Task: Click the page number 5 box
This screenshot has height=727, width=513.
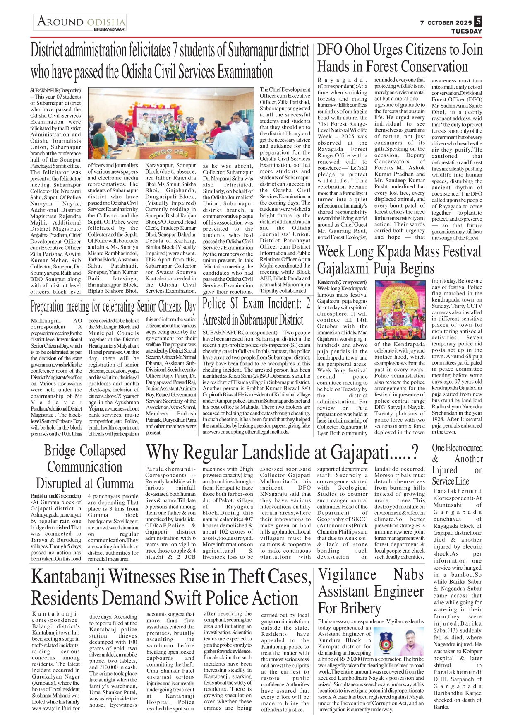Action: click(x=478, y=22)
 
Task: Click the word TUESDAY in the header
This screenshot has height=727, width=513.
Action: click(x=466, y=31)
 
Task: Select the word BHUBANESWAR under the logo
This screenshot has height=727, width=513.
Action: click(x=109, y=30)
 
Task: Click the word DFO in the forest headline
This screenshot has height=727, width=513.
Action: click(x=330, y=50)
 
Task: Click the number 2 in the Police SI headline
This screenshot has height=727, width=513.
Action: click(x=307, y=304)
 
